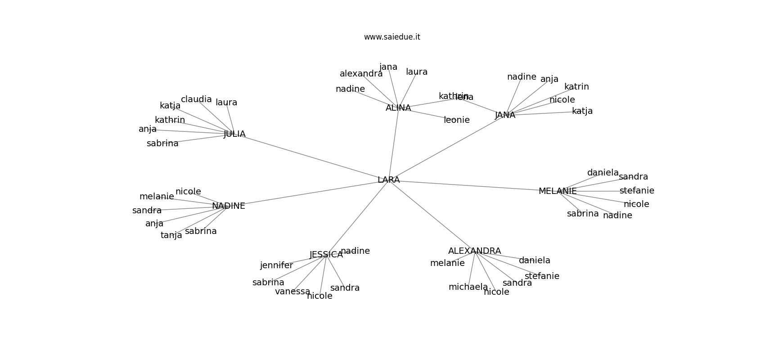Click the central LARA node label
pos(389,180)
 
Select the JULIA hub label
pos(234,134)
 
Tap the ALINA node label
pos(398,108)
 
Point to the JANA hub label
pos(505,115)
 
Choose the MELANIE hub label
pos(558,191)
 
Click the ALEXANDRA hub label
pos(474,251)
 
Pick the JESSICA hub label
pos(326,255)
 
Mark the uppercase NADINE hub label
pos(229,206)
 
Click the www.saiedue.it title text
pos(392,37)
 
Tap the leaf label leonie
pos(457,120)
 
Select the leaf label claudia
pos(196,99)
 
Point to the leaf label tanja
pos(171,235)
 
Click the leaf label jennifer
pos(276,265)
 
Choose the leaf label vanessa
pos(292,292)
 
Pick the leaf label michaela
pos(468,287)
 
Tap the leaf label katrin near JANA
pos(576,87)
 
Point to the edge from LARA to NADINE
pos(310,193)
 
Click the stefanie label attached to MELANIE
pos(637,191)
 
